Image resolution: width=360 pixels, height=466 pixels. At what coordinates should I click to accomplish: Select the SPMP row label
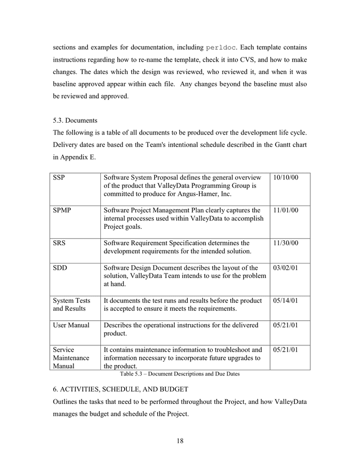63,210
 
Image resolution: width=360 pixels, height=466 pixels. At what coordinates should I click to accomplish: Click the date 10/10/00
286,178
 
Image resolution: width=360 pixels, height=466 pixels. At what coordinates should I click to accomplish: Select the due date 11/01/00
286,210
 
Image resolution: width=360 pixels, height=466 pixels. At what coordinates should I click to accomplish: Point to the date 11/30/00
286,243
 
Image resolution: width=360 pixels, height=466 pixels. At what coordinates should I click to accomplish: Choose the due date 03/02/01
286,268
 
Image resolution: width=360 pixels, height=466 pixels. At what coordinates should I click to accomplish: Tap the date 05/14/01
286,300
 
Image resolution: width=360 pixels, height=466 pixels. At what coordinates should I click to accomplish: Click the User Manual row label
71,325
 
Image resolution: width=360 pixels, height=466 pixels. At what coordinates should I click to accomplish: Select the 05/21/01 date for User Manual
286,325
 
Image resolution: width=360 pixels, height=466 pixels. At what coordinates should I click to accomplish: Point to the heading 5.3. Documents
75,120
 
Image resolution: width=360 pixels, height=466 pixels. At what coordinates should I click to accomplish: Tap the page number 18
179,441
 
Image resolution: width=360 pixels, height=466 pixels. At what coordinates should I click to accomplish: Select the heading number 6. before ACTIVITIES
55,388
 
